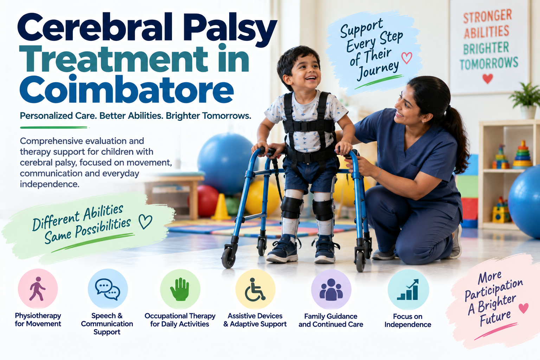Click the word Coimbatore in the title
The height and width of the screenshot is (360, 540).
point(127,89)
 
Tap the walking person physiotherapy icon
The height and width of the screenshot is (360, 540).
point(37,289)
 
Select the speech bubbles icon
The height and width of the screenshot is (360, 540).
point(108,289)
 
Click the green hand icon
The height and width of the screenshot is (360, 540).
point(180,289)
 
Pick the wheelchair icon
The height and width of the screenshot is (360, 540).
point(255,290)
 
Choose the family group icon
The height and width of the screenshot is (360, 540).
point(331,290)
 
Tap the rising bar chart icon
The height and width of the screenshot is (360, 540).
point(408,290)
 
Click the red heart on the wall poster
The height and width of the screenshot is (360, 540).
point(488,79)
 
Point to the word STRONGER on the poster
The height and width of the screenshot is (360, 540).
point(488,17)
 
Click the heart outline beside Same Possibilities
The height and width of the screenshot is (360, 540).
point(145,221)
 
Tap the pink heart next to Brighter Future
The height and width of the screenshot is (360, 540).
point(523,308)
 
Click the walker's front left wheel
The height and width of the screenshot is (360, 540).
point(228,258)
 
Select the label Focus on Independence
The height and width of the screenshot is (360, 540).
point(408,321)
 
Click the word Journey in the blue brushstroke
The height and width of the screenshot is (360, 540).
point(378,70)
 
